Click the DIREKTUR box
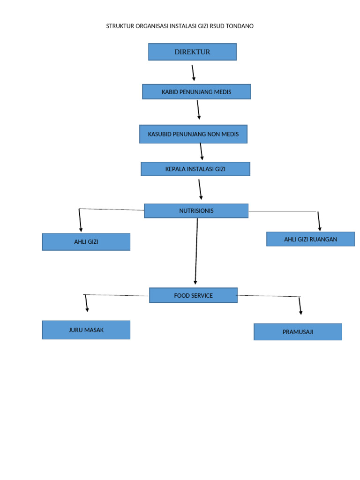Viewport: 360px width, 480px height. [x=192, y=52]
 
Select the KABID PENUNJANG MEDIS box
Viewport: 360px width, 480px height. [x=196, y=92]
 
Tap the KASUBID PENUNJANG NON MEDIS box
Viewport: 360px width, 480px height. [x=193, y=134]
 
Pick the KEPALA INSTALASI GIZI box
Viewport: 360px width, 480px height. [x=195, y=169]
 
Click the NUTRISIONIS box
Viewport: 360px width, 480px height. [x=196, y=211]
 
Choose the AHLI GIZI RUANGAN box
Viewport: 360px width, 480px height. [x=310, y=239]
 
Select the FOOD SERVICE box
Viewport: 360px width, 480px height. [x=193, y=295]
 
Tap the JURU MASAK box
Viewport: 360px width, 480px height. [x=86, y=330]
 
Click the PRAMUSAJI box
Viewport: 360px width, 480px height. [x=298, y=332]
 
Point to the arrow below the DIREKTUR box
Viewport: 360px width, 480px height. [x=193, y=73]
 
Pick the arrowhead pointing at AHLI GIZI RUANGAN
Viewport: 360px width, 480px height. [x=320, y=228]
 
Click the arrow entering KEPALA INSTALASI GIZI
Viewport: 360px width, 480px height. [x=202, y=152]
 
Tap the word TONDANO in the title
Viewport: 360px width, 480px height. [x=240, y=26]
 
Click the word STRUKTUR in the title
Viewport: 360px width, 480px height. [x=120, y=26]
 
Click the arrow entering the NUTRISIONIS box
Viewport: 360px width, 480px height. [x=200, y=189]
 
